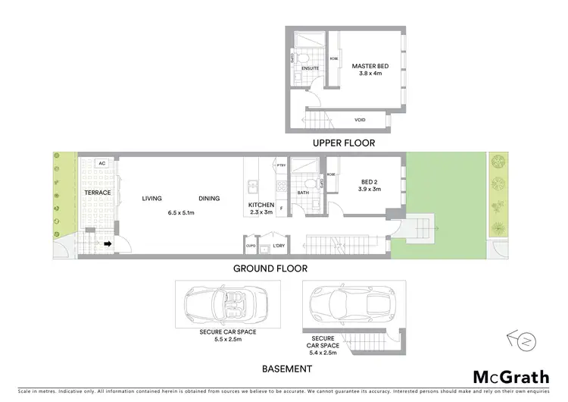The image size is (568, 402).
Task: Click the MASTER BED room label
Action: (x=365, y=66)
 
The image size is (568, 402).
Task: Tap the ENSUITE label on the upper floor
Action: (x=310, y=69)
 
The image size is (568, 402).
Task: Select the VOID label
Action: (x=360, y=120)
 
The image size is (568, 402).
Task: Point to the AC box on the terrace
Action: (x=101, y=163)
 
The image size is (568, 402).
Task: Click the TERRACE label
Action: (x=98, y=193)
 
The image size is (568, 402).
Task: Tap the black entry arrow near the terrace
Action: (x=108, y=244)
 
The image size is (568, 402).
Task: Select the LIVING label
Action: (x=152, y=199)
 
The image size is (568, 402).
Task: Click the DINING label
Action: (x=209, y=199)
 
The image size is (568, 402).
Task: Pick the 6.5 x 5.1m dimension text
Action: (x=181, y=213)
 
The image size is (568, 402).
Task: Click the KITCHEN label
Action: (x=261, y=206)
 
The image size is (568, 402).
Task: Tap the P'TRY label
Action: (x=281, y=165)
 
